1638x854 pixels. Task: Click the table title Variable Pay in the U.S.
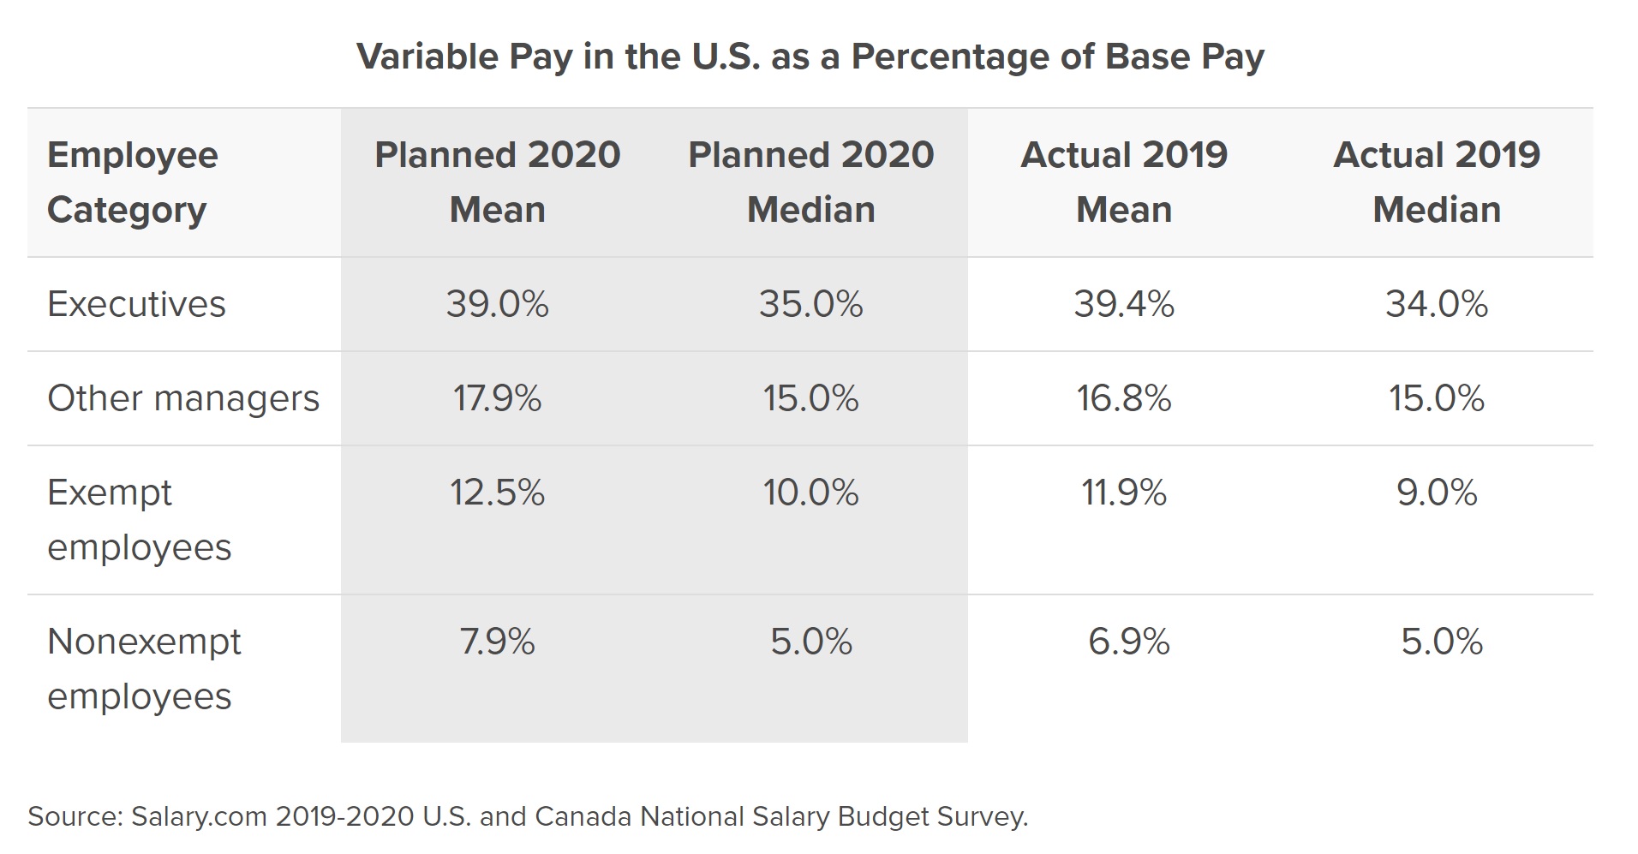810,57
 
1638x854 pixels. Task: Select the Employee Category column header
133,182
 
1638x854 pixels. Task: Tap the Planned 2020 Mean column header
497,182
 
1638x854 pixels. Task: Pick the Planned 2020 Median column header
810,182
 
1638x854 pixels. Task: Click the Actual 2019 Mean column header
1124,182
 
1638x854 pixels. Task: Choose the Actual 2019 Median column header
1437,182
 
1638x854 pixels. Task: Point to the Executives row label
136,304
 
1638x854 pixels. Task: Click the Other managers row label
183,398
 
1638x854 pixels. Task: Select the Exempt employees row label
139,520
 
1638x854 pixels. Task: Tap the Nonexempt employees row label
144,669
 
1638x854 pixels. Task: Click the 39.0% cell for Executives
497,304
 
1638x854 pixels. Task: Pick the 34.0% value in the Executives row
1437,304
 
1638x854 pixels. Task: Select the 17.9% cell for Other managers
497,398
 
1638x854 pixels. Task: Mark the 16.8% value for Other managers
1124,398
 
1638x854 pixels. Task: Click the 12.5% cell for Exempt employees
497,493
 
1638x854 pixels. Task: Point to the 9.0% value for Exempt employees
1437,493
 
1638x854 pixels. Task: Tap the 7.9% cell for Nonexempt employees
497,642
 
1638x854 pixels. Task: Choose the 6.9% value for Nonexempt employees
1128,642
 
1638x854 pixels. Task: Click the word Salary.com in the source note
199,816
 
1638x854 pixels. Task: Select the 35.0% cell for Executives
810,304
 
